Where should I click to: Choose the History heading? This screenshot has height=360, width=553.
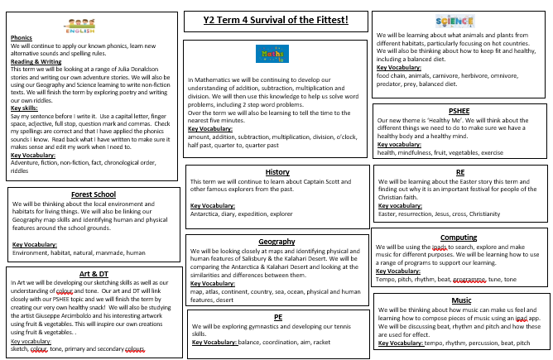click(276, 172)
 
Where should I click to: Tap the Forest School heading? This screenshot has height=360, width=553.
click(93, 194)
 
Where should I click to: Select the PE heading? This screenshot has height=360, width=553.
click(277, 294)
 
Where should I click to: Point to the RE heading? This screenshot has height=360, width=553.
click(459, 172)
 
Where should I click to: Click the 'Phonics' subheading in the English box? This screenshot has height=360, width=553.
click(21, 38)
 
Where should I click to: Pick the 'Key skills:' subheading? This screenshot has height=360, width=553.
click(25, 108)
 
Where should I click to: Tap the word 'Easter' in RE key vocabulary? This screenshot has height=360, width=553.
click(387, 214)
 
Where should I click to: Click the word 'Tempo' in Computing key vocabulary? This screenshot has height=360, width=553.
click(385, 279)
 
